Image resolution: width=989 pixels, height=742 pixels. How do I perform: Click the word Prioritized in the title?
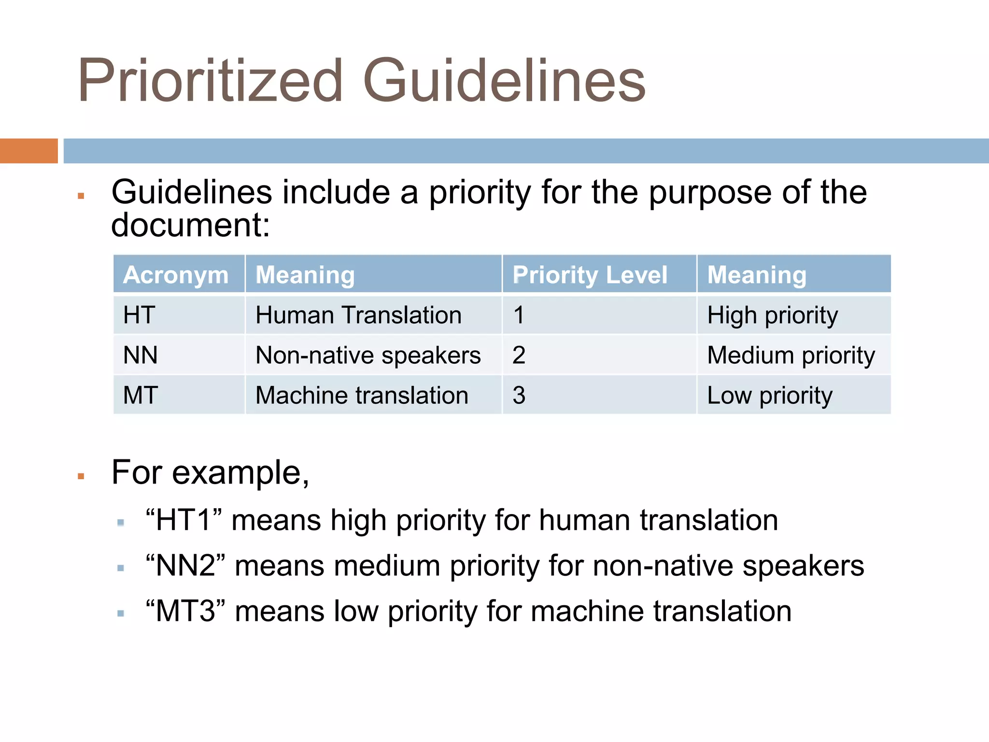coord(210,81)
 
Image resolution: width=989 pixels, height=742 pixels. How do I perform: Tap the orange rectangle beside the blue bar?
coord(28,151)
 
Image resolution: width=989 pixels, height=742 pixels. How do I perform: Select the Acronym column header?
coord(176,275)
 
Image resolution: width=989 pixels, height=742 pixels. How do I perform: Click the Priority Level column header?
coord(590,275)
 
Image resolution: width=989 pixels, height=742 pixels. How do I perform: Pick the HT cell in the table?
coord(139,315)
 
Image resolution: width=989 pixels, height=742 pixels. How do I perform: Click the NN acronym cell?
coord(140,355)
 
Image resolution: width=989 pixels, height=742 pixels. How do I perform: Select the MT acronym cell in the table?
coord(140,395)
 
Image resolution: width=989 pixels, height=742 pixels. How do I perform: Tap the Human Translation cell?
coord(358,315)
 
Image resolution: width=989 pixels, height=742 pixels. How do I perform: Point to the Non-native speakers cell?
coord(368,355)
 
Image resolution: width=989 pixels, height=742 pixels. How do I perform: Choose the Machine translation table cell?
coord(362,395)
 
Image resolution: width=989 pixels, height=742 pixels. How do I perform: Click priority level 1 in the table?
coord(519,315)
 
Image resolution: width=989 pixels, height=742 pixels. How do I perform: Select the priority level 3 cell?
coord(519,395)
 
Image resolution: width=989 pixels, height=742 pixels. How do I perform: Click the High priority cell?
coord(772,315)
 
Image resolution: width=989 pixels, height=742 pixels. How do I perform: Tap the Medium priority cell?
coord(791,355)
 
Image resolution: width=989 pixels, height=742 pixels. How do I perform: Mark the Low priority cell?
coord(770,395)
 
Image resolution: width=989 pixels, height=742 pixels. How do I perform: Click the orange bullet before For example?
coord(81,476)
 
